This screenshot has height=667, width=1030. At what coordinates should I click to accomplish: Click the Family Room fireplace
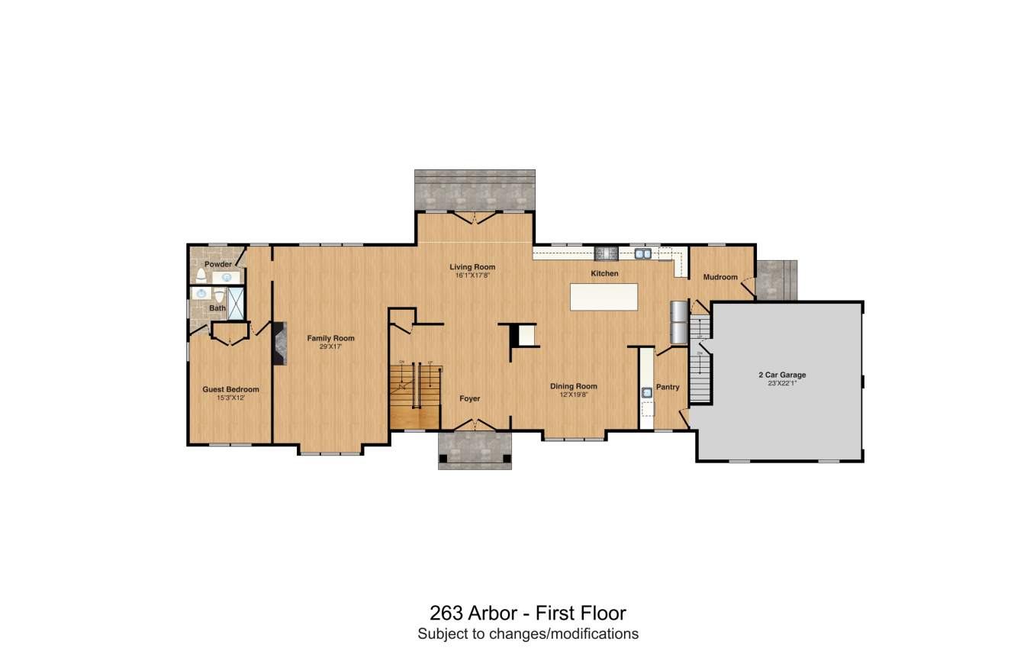[279, 343]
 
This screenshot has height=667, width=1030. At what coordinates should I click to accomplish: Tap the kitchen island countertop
[604, 297]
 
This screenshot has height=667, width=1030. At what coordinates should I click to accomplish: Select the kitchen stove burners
[606, 253]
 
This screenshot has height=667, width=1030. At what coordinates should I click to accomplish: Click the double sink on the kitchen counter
[642, 254]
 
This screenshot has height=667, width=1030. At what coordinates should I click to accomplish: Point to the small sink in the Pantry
[647, 392]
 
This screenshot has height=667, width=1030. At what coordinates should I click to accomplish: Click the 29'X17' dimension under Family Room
[330, 346]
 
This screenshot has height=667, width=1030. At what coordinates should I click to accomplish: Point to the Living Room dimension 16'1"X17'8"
[472, 275]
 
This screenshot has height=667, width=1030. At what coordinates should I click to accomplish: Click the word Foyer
[470, 398]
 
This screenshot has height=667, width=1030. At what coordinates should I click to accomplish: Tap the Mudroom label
[720, 277]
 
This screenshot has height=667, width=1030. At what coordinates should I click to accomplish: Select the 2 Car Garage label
[782, 375]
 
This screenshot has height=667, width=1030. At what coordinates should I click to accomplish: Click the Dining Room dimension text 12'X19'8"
[574, 395]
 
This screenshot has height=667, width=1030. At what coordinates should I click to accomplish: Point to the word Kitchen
[605, 273]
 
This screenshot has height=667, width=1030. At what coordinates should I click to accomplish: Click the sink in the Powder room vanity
[226, 277]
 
